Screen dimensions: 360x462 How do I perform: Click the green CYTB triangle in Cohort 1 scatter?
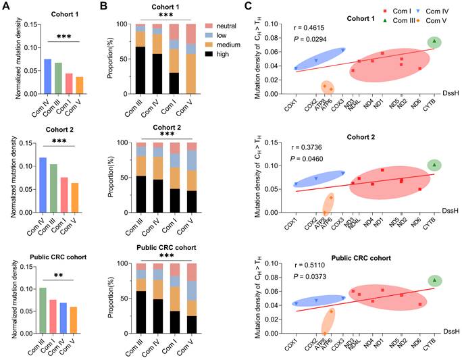(434, 41)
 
